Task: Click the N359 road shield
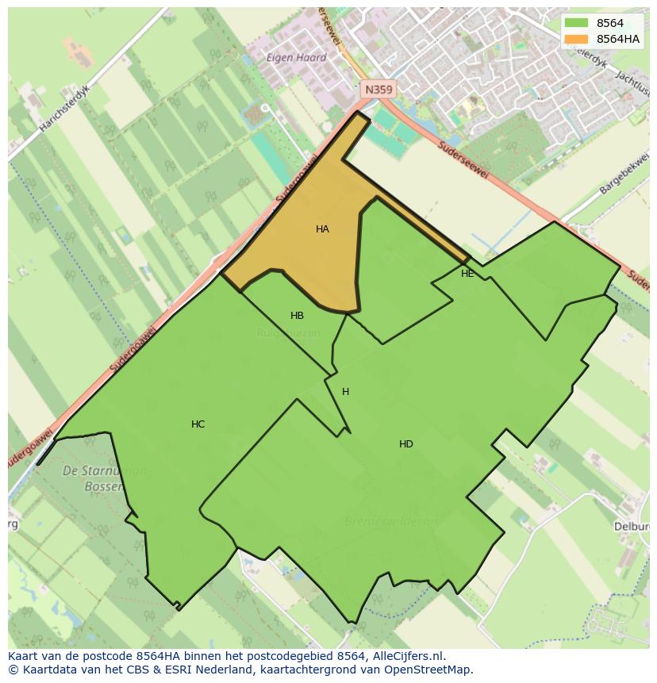click(378, 90)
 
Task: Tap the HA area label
click(322, 229)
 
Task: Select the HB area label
click(297, 316)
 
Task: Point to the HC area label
click(198, 424)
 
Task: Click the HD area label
click(405, 444)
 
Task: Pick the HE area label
click(467, 274)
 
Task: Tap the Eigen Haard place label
click(296, 58)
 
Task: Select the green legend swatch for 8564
click(576, 23)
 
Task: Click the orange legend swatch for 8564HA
click(576, 39)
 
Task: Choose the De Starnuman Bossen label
click(103, 478)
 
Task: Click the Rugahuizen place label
click(288, 333)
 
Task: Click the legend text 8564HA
click(618, 39)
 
